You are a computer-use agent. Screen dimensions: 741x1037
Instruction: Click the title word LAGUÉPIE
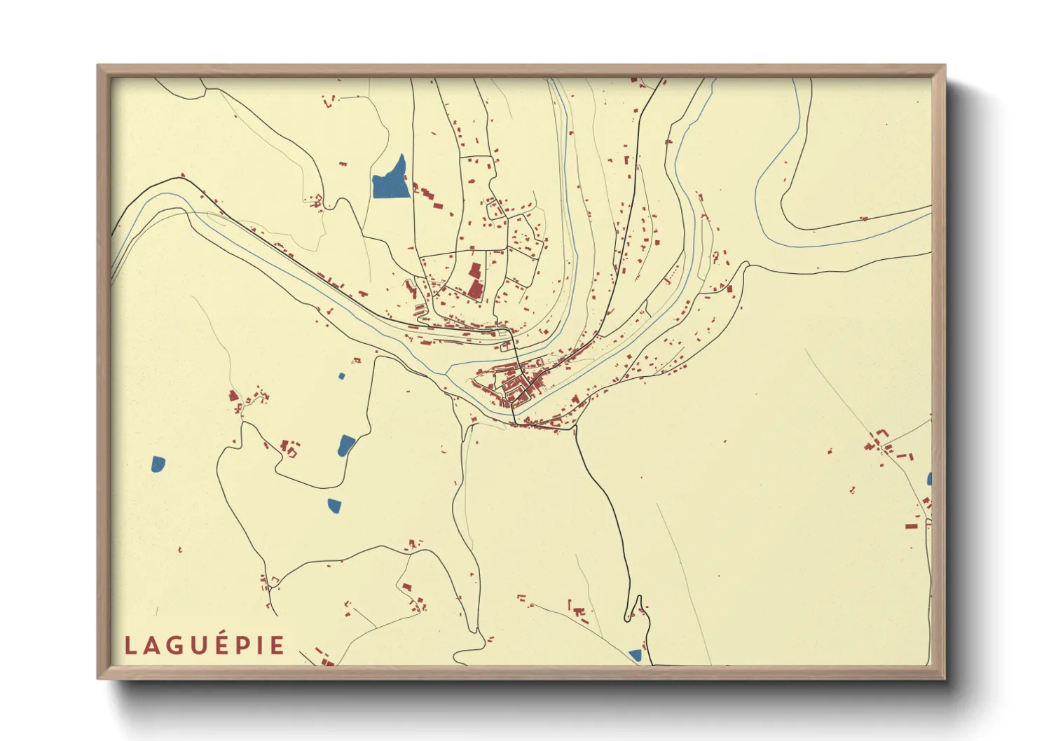[205, 645]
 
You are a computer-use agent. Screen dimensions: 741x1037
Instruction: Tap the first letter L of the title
[130, 646]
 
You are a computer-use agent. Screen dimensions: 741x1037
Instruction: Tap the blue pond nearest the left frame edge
[158, 464]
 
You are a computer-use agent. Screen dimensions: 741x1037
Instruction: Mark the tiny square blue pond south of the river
[342, 376]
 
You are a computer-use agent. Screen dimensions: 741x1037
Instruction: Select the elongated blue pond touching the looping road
[346, 445]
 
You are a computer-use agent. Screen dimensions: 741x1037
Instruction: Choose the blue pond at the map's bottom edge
[636, 655]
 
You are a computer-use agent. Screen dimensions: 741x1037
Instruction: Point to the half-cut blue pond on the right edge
[929, 479]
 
